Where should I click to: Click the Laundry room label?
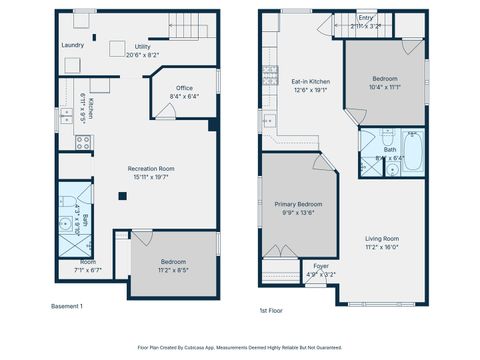(x=72, y=45)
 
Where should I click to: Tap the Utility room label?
(x=143, y=47)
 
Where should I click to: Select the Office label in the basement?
(x=184, y=88)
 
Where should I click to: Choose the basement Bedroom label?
(x=173, y=259)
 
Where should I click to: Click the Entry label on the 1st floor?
(x=366, y=18)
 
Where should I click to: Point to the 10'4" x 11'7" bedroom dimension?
(x=385, y=88)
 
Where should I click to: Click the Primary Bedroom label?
(x=300, y=204)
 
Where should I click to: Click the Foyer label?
(x=321, y=266)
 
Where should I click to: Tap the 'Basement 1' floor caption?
(x=67, y=306)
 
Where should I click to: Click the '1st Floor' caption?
(x=271, y=311)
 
